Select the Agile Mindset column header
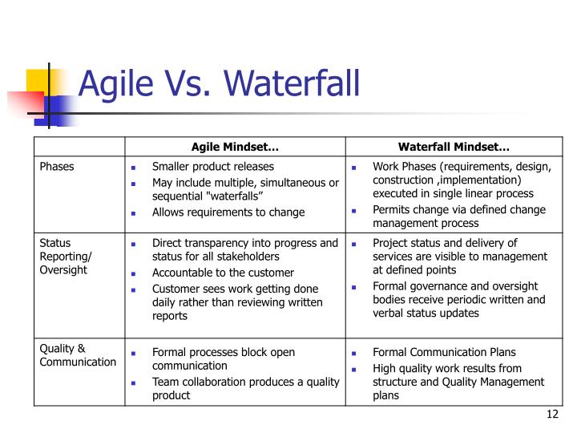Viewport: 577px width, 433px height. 235,147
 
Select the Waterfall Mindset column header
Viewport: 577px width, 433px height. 454,147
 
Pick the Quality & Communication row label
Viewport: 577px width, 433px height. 78,354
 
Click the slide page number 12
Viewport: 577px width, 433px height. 551,414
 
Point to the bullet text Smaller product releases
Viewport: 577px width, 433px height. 213,167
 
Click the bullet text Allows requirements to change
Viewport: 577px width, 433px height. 228,212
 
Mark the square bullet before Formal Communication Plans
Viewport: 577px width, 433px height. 356,353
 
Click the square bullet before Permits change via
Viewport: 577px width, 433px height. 356,211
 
